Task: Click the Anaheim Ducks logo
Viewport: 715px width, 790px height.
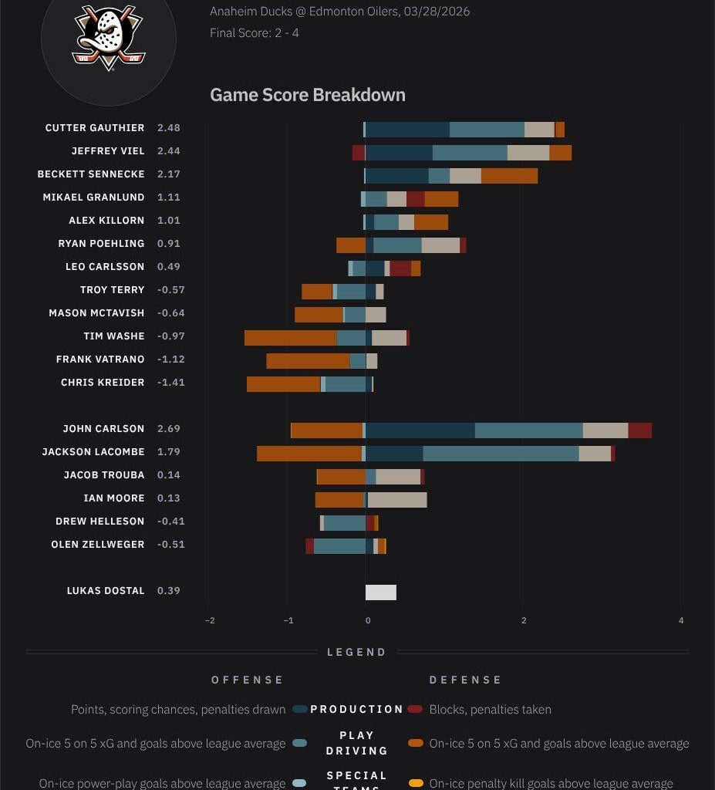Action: pyautogui.click(x=108, y=39)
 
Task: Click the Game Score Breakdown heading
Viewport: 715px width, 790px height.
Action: pyautogui.click(x=307, y=95)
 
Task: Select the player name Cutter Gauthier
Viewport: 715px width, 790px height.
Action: pyautogui.click(x=95, y=128)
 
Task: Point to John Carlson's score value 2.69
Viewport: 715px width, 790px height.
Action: pyautogui.click(x=169, y=429)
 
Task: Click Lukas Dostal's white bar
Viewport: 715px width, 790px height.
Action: pyautogui.click(x=381, y=592)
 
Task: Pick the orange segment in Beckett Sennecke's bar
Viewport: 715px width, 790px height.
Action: pyautogui.click(x=509, y=176)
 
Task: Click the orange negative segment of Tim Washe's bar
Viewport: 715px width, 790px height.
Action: pyautogui.click(x=290, y=338)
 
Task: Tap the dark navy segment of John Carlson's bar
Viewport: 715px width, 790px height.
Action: pyautogui.click(x=420, y=430)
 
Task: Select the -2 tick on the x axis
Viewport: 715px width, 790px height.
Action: pyautogui.click(x=210, y=621)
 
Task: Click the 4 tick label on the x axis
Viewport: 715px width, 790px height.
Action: pyautogui.click(x=681, y=621)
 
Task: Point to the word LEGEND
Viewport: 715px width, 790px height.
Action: pyautogui.click(x=356, y=652)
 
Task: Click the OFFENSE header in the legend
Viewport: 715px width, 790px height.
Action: pyautogui.click(x=248, y=680)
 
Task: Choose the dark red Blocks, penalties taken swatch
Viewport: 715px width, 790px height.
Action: pyautogui.click(x=416, y=709)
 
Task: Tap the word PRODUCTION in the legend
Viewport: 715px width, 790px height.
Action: pyautogui.click(x=356, y=709)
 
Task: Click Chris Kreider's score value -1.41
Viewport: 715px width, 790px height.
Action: pyautogui.click(x=171, y=383)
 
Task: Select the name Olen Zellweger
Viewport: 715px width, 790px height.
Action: pyautogui.click(x=98, y=545)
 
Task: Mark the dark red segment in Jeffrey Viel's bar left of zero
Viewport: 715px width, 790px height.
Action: pyautogui.click(x=359, y=153)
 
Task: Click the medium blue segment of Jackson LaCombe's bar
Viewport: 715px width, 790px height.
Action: pyautogui.click(x=501, y=454)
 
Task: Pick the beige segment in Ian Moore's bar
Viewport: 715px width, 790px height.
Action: pyautogui.click(x=397, y=500)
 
